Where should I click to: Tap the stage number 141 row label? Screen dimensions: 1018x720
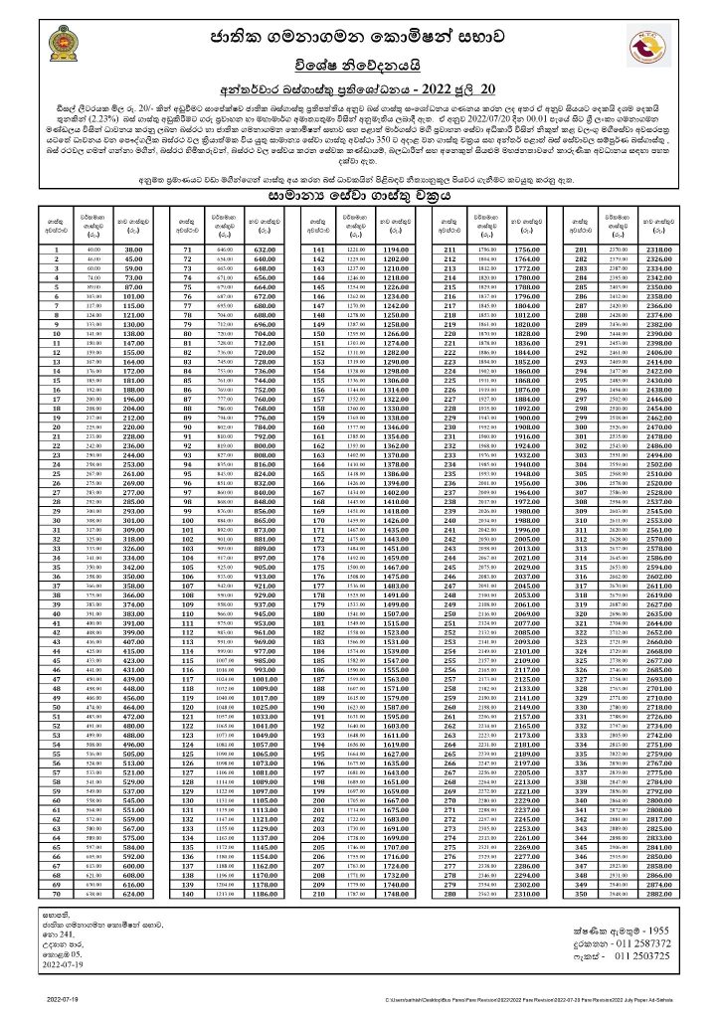tap(320, 250)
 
